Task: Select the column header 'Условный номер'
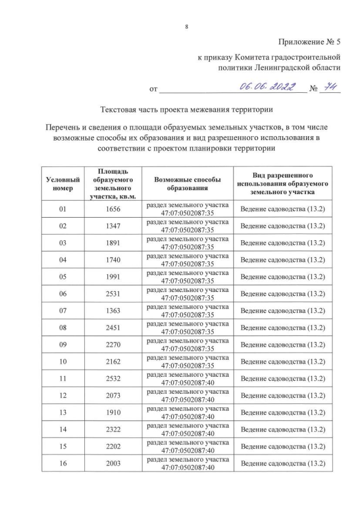click(x=62, y=184)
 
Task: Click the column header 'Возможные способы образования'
click(x=187, y=184)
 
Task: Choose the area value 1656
click(x=113, y=209)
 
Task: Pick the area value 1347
click(x=113, y=226)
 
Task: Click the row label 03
click(x=62, y=243)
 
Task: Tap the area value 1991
click(x=113, y=277)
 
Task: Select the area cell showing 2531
click(x=113, y=294)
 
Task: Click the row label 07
click(x=62, y=310)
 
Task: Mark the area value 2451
click(x=113, y=327)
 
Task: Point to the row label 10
click(x=62, y=361)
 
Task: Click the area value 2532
click(x=113, y=378)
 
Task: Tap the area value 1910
click(x=113, y=412)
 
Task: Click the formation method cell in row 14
click(x=187, y=429)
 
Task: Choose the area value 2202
click(x=113, y=445)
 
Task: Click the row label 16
click(x=62, y=462)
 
